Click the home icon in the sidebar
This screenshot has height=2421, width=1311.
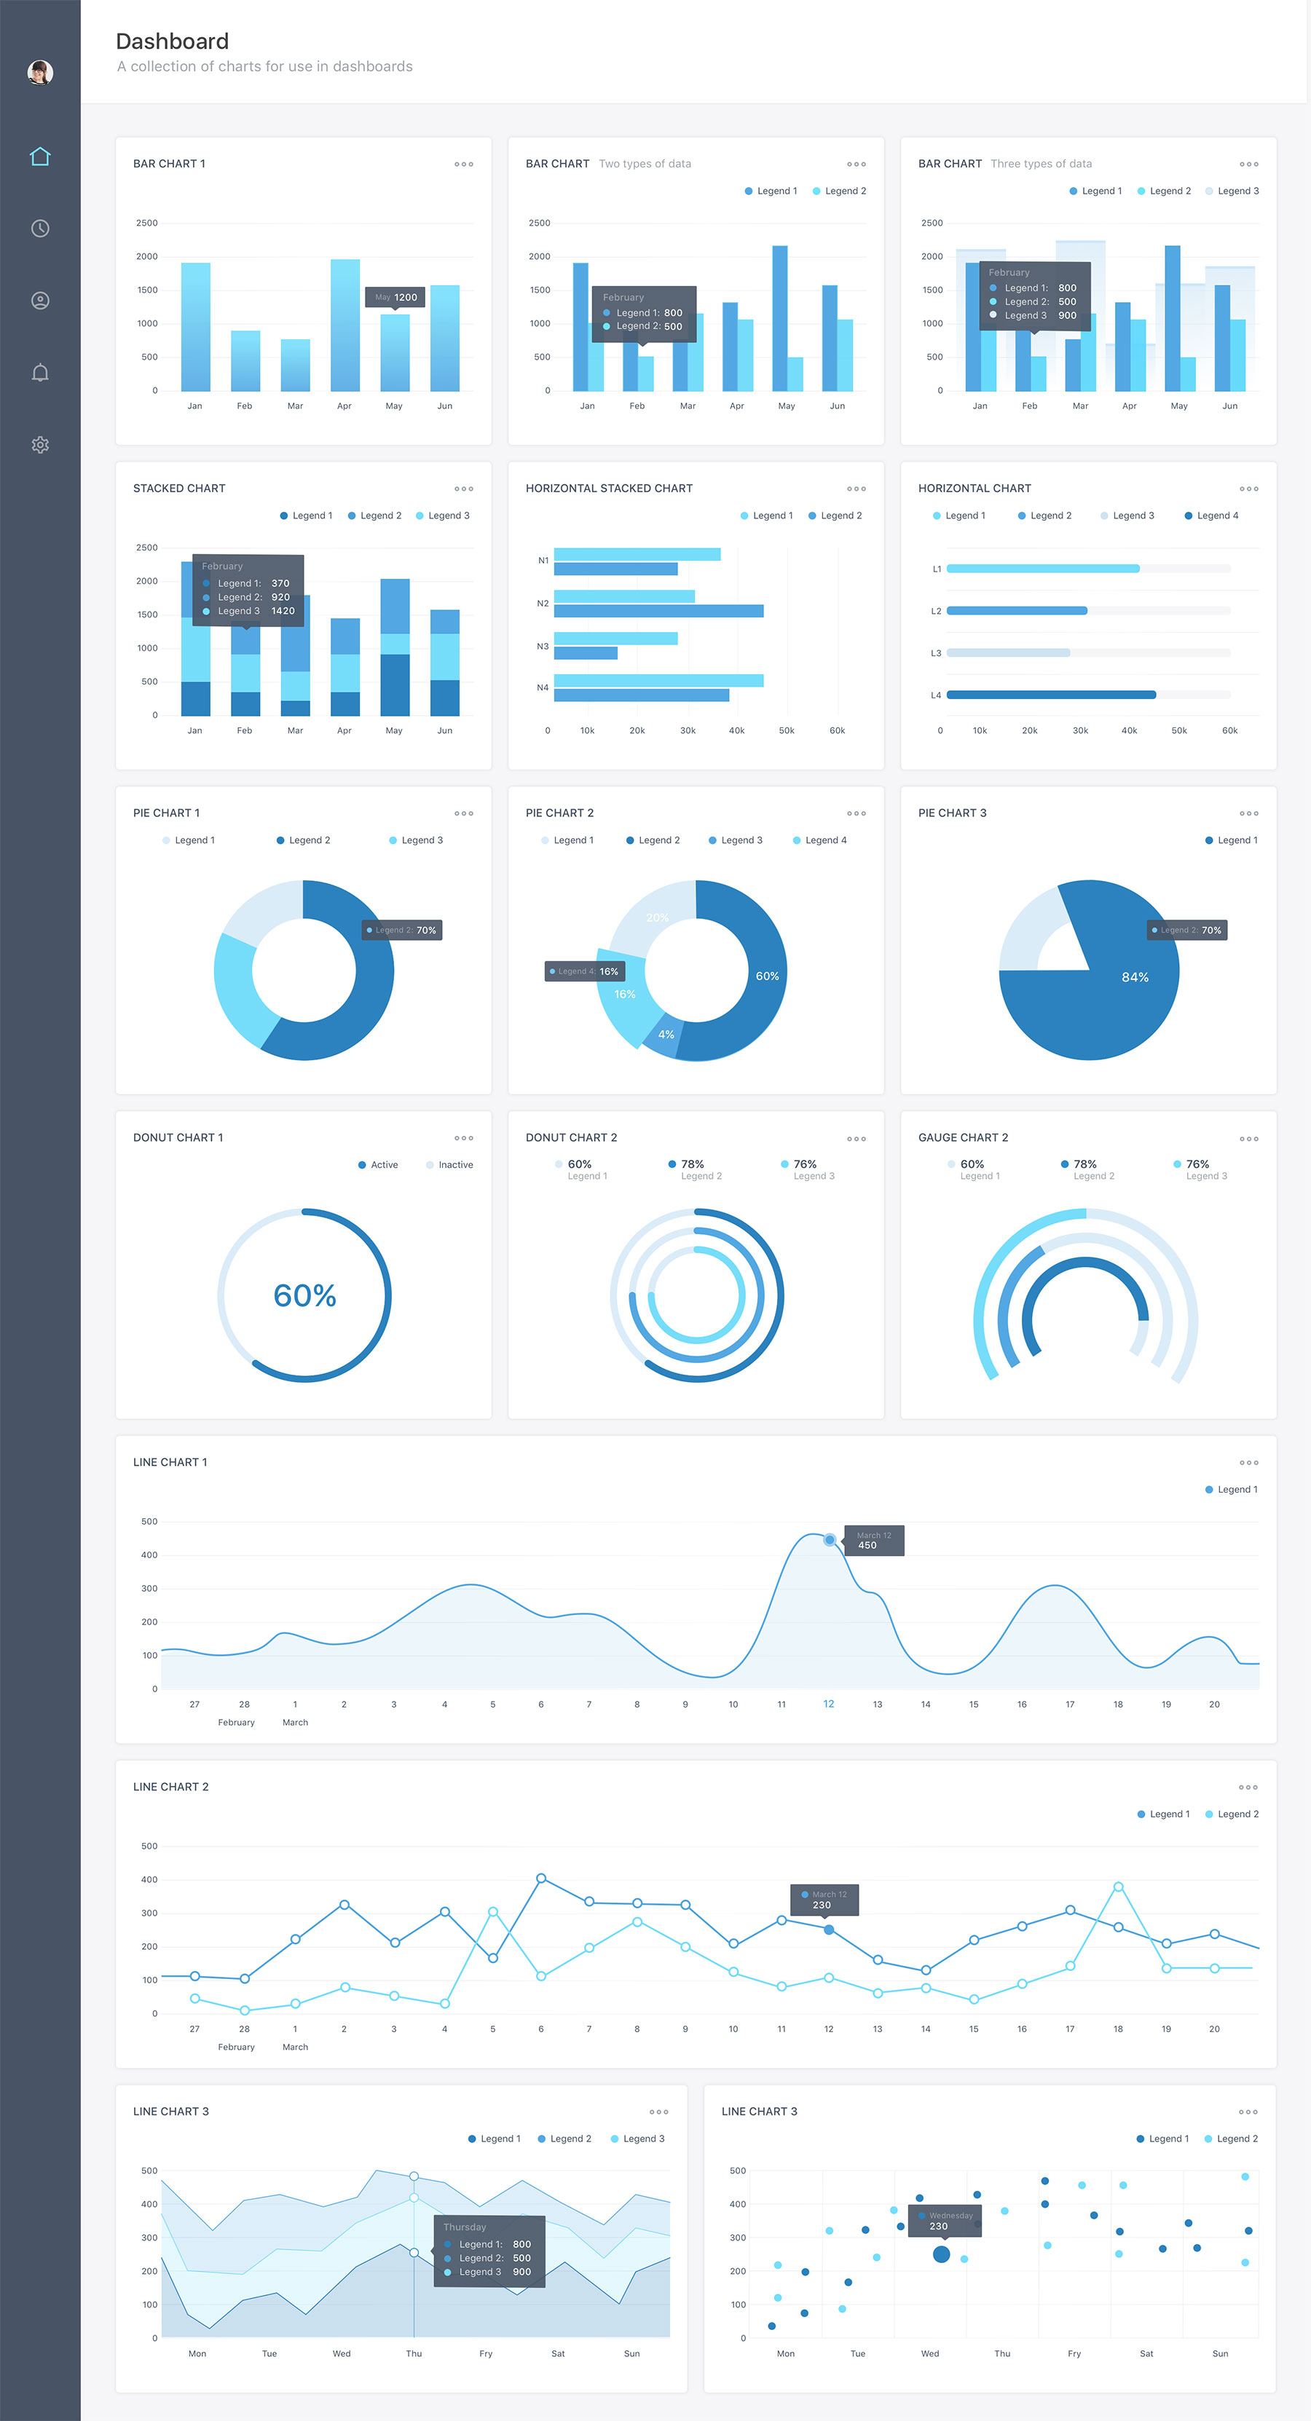click(x=39, y=156)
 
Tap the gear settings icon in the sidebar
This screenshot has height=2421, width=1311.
click(x=39, y=445)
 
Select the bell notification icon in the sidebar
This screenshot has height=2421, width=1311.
click(x=39, y=373)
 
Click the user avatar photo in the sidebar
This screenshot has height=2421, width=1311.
click(x=39, y=72)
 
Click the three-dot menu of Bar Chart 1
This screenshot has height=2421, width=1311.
click(x=463, y=165)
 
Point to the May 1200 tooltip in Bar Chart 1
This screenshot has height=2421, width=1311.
click(x=395, y=297)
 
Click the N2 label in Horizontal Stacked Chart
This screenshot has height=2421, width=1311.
click(x=543, y=604)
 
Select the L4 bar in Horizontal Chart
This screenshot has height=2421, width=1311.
click(x=1051, y=695)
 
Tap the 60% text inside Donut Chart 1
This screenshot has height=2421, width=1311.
click(x=304, y=1295)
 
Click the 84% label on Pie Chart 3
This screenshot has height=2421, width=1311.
click(x=1134, y=977)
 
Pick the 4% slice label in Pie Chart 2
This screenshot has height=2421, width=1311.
click(x=666, y=1034)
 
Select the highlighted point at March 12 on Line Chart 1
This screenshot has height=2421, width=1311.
click(x=829, y=1539)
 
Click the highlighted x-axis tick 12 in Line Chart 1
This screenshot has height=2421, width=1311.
click(x=828, y=1703)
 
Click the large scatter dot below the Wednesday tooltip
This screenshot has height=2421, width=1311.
click(x=941, y=2254)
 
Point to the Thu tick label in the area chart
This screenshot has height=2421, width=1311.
click(x=414, y=2353)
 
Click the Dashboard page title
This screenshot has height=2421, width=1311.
click(x=172, y=42)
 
